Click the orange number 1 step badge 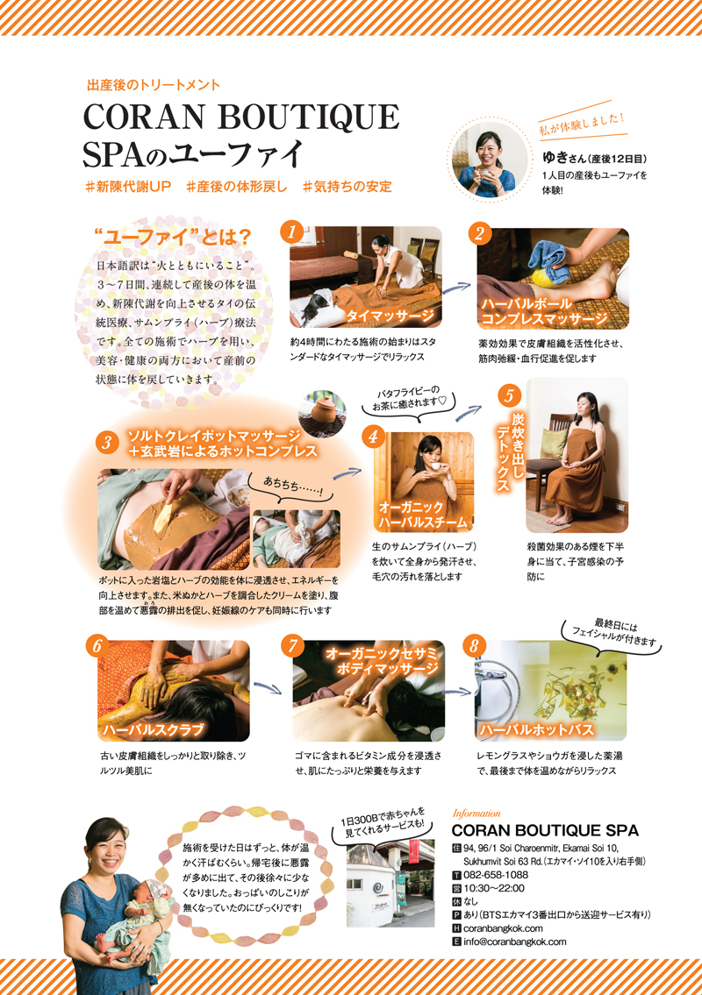click(x=291, y=231)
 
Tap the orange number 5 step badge click(x=509, y=396)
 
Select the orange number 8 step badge click(x=474, y=647)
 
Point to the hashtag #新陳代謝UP click(x=128, y=187)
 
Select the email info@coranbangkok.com click(x=514, y=942)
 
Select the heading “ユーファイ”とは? click(x=173, y=238)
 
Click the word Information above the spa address click(x=476, y=813)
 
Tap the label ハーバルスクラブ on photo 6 click(x=153, y=729)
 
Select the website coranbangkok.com click(x=503, y=928)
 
